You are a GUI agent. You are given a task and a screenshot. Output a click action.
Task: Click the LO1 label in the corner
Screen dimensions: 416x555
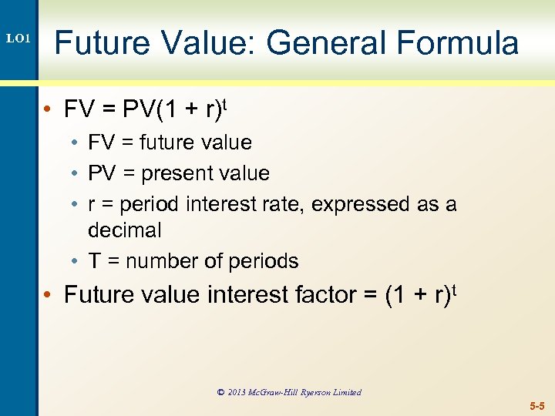18,38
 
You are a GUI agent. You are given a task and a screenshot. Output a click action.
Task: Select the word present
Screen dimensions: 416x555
186,173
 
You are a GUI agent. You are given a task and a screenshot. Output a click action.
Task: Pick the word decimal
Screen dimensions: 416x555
125,230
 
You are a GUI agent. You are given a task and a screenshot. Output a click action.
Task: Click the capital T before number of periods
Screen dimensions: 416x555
94,261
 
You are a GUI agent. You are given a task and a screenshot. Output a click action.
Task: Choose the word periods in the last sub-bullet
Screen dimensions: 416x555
265,261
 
